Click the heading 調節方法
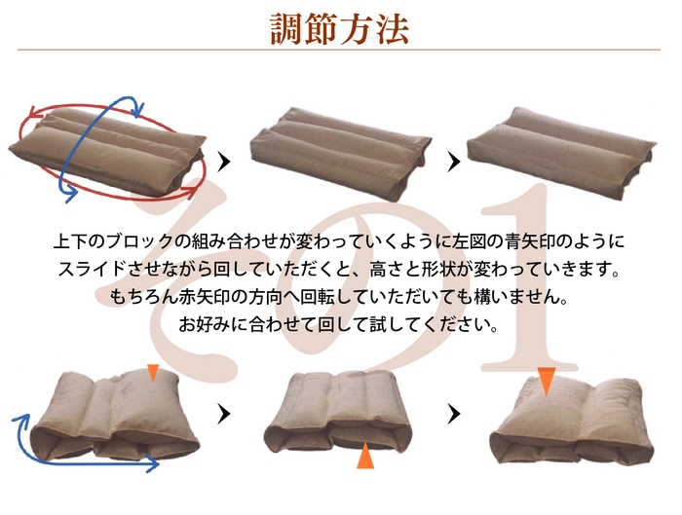[x=339, y=28]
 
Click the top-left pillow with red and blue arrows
[x=107, y=152]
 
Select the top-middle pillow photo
[x=341, y=153]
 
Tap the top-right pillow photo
[x=561, y=152]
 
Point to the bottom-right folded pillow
[x=572, y=421]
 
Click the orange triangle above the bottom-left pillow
[x=153, y=372]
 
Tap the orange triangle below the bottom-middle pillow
[x=365, y=456]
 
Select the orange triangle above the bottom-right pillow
[x=547, y=380]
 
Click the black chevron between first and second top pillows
[x=224, y=162]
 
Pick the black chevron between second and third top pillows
[x=454, y=162]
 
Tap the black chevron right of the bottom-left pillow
[x=224, y=414]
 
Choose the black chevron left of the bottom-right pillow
[x=454, y=414]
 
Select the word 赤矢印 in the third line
[x=205, y=297]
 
